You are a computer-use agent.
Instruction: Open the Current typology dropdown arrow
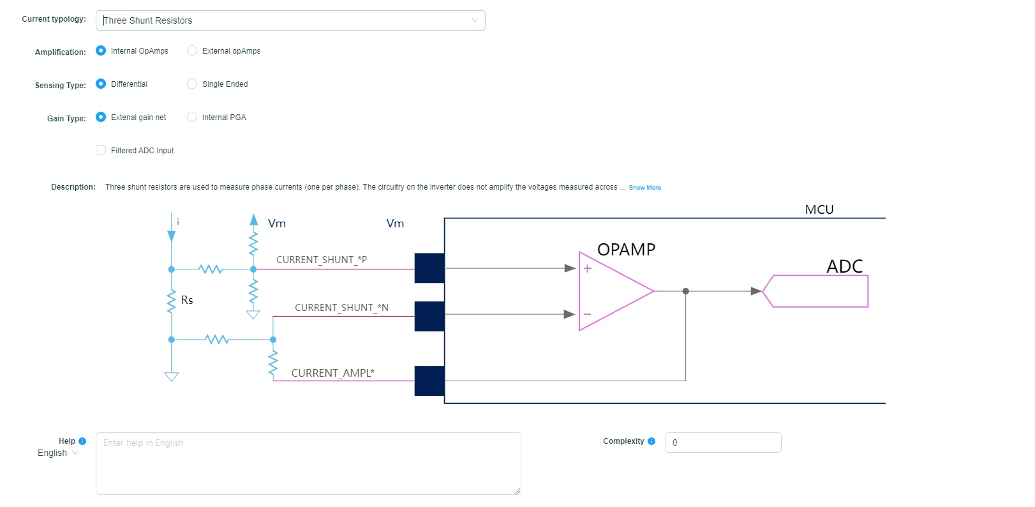[475, 20]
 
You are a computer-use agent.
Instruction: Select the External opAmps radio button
[192, 50]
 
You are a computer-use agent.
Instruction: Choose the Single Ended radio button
[192, 84]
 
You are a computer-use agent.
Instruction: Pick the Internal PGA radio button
[192, 117]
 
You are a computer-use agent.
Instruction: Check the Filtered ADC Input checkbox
[101, 150]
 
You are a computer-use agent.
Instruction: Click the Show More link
[644, 187]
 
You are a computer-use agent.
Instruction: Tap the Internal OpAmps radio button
[101, 50]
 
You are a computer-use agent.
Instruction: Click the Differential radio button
[101, 84]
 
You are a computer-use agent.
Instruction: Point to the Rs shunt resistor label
[187, 300]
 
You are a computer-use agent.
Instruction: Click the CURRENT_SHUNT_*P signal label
[322, 260]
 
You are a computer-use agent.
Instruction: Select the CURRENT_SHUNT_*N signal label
[341, 307]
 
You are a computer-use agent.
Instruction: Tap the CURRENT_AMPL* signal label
[332, 373]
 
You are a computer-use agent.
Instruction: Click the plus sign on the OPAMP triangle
[587, 269]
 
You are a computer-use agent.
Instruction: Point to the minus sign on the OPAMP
[587, 314]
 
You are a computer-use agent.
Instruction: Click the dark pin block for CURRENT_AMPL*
[429, 381]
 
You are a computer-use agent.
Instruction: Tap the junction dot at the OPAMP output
[686, 291]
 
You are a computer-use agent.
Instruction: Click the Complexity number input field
[723, 443]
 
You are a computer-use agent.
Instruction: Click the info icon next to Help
[82, 441]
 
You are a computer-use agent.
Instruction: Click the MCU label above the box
[819, 209]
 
